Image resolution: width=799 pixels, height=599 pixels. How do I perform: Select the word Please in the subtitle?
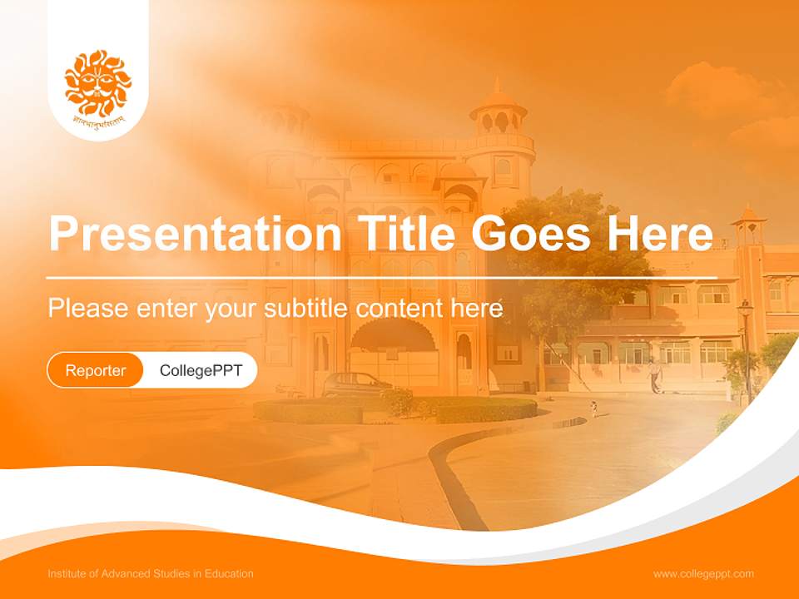point(87,308)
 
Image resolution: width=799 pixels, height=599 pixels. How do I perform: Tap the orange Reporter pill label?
point(96,370)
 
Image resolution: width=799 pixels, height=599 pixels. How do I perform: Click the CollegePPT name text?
point(201,370)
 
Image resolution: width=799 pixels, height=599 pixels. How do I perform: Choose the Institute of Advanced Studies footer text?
point(151,574)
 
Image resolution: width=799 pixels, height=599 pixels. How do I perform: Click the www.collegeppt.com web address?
point(703,574)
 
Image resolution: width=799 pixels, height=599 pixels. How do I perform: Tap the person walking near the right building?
point(656,376)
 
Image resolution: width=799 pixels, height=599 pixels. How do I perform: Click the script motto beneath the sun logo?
point(98,122)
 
